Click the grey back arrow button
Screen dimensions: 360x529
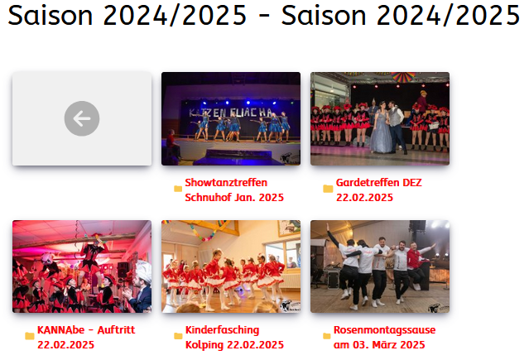(x=82, y=119)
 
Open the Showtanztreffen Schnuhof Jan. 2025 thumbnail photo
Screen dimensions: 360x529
(x=230, y=118)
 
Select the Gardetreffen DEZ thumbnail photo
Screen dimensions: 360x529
(x=379, y=118)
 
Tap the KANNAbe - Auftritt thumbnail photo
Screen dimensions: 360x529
(x=82, y=266)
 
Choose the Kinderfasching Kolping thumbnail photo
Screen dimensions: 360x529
(x=230, y=266)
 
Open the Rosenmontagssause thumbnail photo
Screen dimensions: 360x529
(x=379, y=266)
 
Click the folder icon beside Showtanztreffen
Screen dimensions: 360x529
(x=178, y=190)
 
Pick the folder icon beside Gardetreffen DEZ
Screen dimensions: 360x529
(x=328, y=190)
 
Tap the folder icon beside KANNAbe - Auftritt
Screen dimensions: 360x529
(x=30, y=336)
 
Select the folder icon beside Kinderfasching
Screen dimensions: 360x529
(x=178, y=336)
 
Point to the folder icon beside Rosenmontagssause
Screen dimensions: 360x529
(x=327, y=336)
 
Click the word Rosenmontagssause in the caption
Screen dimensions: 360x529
(x=384, y=329)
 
